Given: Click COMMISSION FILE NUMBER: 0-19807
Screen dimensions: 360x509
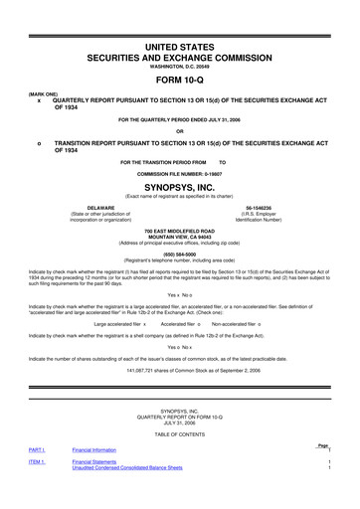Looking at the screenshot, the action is click(x=180, y=173).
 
